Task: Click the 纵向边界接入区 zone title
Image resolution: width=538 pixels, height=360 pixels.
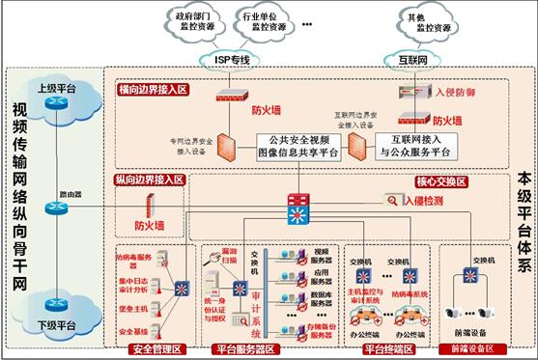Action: click(149, 180)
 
